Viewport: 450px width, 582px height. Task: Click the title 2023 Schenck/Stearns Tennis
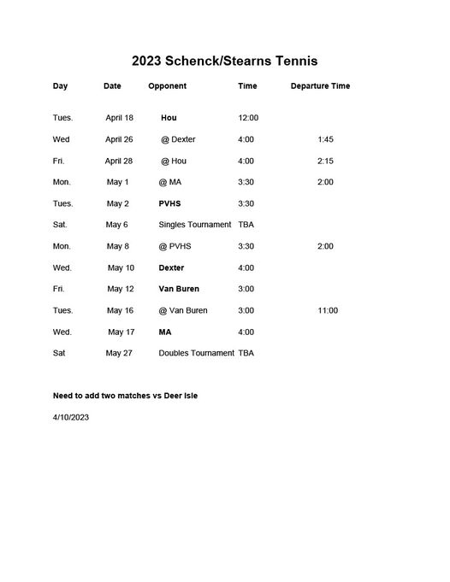click(x=224, y=62)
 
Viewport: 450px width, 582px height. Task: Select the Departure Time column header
click(x=320, y=86)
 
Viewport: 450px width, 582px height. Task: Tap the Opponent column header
click(x=167, y=86)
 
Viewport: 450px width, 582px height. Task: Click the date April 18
click(x=120, y=118)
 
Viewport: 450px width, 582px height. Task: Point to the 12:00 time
click(x=248, y=118)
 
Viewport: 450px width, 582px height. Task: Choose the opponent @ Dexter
click(x=178, y=139)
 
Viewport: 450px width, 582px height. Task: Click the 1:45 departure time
click(x=325, y=139)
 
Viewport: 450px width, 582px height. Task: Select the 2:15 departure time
click(x=325, y=161)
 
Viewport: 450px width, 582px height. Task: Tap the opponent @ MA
click(x=169, y=182)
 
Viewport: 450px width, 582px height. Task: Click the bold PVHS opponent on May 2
click(x=169, y=203)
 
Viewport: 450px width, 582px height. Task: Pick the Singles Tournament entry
click(x=195, y=225)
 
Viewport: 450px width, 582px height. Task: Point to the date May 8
click(x=117, y=246)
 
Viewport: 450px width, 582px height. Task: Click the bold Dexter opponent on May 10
click(x=171, y=267)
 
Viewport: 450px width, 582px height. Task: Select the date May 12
click(x=120, y=289)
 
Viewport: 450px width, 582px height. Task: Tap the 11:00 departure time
click(x=328, y=310)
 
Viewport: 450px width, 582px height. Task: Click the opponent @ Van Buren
click(x=183, y=310)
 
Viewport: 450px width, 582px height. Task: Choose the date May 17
click(x=121, y=332)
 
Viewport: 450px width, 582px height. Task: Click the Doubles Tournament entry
click(x=196, y=353)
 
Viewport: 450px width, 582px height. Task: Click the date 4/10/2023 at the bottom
click(x=71, y=417)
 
